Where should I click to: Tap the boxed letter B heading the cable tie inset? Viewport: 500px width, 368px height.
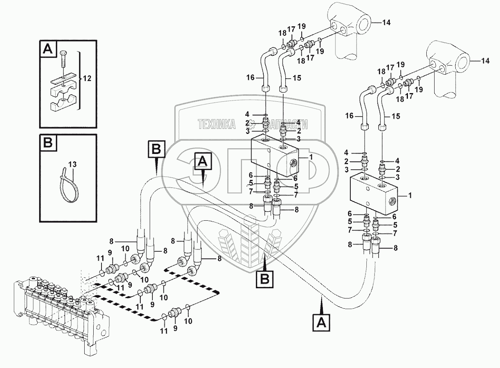pos(47,143)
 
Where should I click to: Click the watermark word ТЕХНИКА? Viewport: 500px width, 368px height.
pos(217,124)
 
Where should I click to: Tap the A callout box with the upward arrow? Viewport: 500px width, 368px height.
pos(321,323)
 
